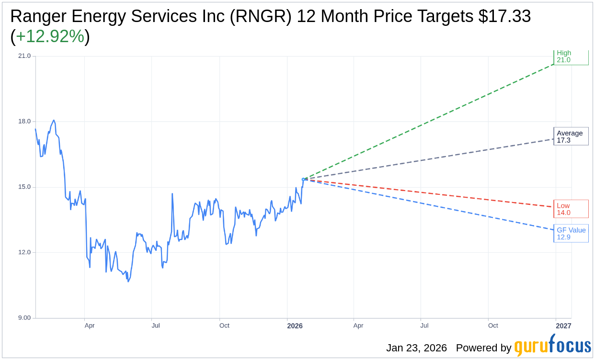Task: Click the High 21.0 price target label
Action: [570, 56]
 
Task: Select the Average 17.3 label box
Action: [571, 136]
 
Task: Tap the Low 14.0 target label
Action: [570, 209]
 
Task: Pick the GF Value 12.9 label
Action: [571, 234]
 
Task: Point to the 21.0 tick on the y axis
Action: [24, 56]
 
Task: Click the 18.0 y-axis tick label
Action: [24, 122]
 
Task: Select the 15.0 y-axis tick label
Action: [24, 187]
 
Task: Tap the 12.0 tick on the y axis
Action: [24, 253]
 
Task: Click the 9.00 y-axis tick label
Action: [24, 318]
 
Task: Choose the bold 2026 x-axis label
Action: [295, 326]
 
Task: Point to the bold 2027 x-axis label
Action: [563, 326]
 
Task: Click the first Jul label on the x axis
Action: [156, 326]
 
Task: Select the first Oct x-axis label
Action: [224, 326]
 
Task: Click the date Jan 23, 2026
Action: [416, 348]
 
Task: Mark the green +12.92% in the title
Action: [50, 37]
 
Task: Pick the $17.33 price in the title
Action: [504, 17]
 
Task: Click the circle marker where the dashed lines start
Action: [303, 180]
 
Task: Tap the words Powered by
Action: [483, 348]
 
